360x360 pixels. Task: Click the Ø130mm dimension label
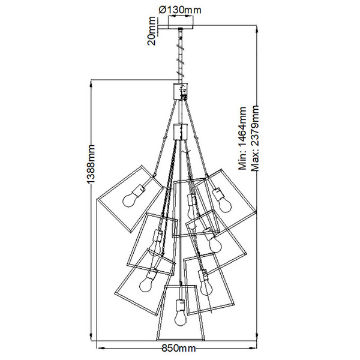coord(180,10)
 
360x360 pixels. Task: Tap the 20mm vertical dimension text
coord(152,31)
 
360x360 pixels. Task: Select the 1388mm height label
coord(91,164)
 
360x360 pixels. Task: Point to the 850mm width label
coord(179,348)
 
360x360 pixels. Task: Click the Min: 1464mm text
coord(242,139)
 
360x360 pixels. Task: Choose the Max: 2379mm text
coord(255,139)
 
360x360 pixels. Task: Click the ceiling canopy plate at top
coord(181,27)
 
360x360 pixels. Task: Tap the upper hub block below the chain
coord(181,91)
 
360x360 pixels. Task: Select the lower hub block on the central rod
coord(181,132)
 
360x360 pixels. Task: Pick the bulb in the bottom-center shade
coord(181,317)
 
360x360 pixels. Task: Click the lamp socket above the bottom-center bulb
coord(181,305)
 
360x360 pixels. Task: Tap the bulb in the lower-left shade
coord(146,284)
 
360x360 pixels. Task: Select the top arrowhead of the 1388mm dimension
coord(91,83)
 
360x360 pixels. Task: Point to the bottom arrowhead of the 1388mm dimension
coord(91,337)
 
